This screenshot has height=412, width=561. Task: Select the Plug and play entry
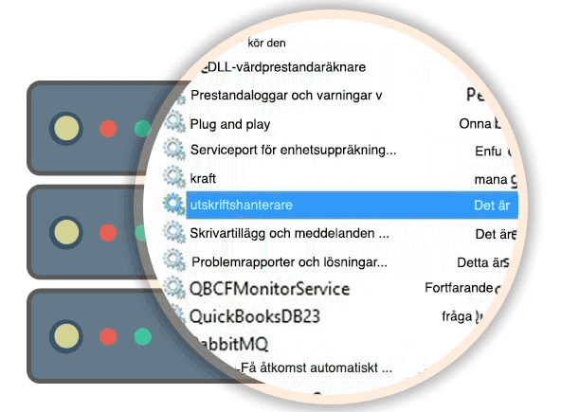point(230,123)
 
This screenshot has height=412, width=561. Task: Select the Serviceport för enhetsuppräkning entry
point(292,150)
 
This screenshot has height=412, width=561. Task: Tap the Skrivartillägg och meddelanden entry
point(289,232)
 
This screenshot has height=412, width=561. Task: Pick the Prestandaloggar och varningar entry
point(285,95)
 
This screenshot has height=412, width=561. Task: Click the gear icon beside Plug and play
point(173,123)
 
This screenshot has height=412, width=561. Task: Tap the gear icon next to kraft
point(173,176)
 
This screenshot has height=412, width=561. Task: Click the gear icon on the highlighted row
point(173,203)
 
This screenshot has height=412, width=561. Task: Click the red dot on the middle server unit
point(108,231)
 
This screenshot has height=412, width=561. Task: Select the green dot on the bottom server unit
point(143,335)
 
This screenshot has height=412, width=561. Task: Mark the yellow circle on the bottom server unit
point(65,335)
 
